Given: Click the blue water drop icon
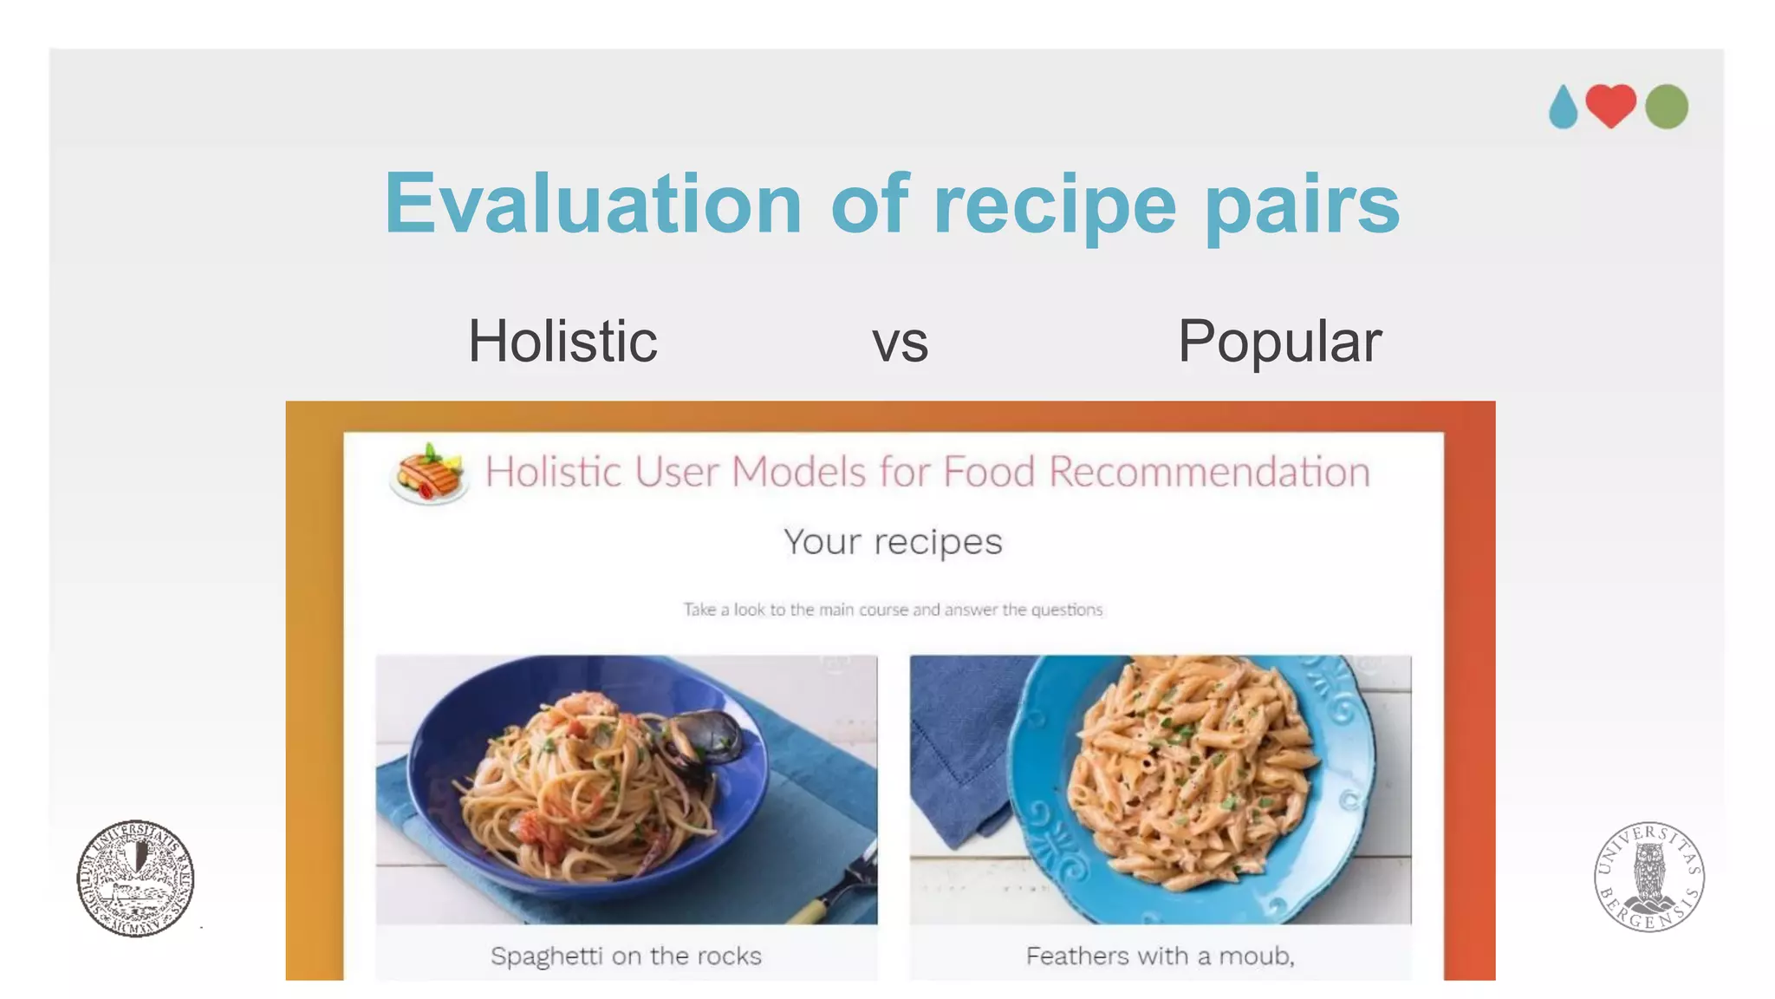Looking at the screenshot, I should click(x=1563, y=108).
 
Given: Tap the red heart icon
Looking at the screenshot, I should click(x=1610, y=105).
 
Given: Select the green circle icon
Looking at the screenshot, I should click(x=1666, y=107).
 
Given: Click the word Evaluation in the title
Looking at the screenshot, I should click(x=593, y=204).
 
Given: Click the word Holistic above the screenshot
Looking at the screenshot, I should click(x=562, y=341).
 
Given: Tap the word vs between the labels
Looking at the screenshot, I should click(x=900, y=343).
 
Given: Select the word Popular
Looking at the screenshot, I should click(x=1279, y=342).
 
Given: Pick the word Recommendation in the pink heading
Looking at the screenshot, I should click(x=1209, y=473).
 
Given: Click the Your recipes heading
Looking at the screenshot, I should click(x=893, y=542).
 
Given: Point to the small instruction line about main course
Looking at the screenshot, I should click(x=893, y=610).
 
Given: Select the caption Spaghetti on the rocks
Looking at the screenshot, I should click(x=626, y=956).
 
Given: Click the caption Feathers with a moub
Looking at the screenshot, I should click(x=1160, y=956).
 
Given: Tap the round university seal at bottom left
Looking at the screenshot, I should click(x=135, y=878).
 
